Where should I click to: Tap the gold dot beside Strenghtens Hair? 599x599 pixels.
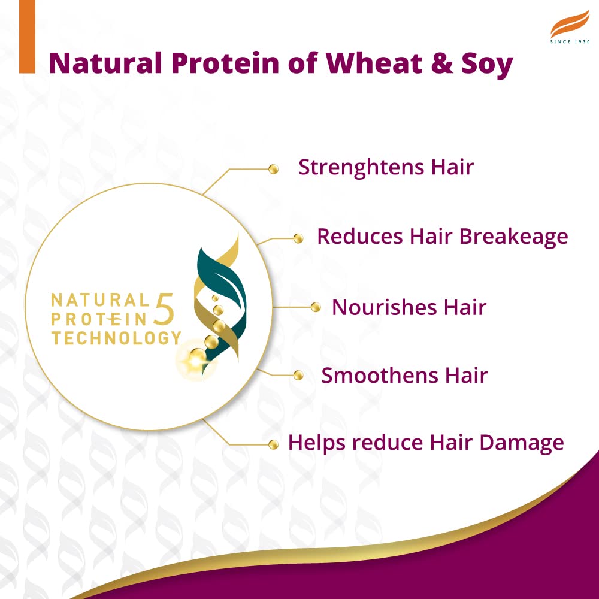tap(274, 170)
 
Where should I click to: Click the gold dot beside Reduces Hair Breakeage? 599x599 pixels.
tap(298, 239)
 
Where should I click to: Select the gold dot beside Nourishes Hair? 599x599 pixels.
tap(316, 308)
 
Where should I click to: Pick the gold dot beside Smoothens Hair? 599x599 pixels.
tap(298, 376)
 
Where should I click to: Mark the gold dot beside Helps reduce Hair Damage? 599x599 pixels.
tap(274, 444)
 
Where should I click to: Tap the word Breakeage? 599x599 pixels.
tap(513, 237)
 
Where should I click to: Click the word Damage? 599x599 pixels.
tap(525, 443)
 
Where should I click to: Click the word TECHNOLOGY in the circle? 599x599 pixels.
tap(116, 338)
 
